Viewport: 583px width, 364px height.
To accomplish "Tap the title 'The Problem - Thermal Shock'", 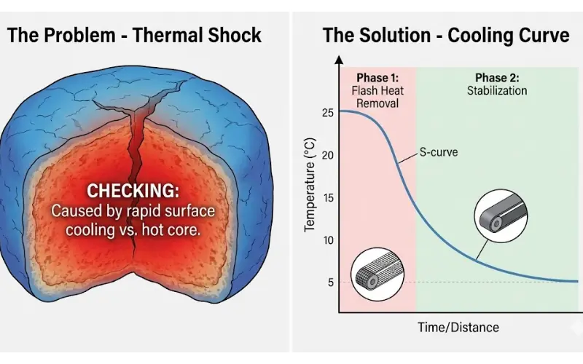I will click(x=134, y=36).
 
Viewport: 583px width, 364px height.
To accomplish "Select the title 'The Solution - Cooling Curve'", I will click(x=446, y=36).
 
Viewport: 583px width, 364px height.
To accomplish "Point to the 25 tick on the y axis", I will click(x=326, y=113).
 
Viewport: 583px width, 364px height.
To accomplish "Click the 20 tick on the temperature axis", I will click(x=326, y=155).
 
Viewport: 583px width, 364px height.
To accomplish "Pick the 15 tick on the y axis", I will click(x=326, y=198).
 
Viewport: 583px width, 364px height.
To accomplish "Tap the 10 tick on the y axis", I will click(x=326, y=240).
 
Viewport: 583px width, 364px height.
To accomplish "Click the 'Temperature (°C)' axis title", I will click(x=310, y=186).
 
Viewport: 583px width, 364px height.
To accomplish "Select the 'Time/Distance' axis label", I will click(x=458, y=327).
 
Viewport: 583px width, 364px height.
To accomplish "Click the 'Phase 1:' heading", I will click(x=377, y=78).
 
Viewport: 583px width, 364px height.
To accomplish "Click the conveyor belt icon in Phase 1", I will click(x=372, y=274).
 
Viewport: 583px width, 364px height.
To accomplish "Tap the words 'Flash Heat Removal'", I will click(x=377, y=98).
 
